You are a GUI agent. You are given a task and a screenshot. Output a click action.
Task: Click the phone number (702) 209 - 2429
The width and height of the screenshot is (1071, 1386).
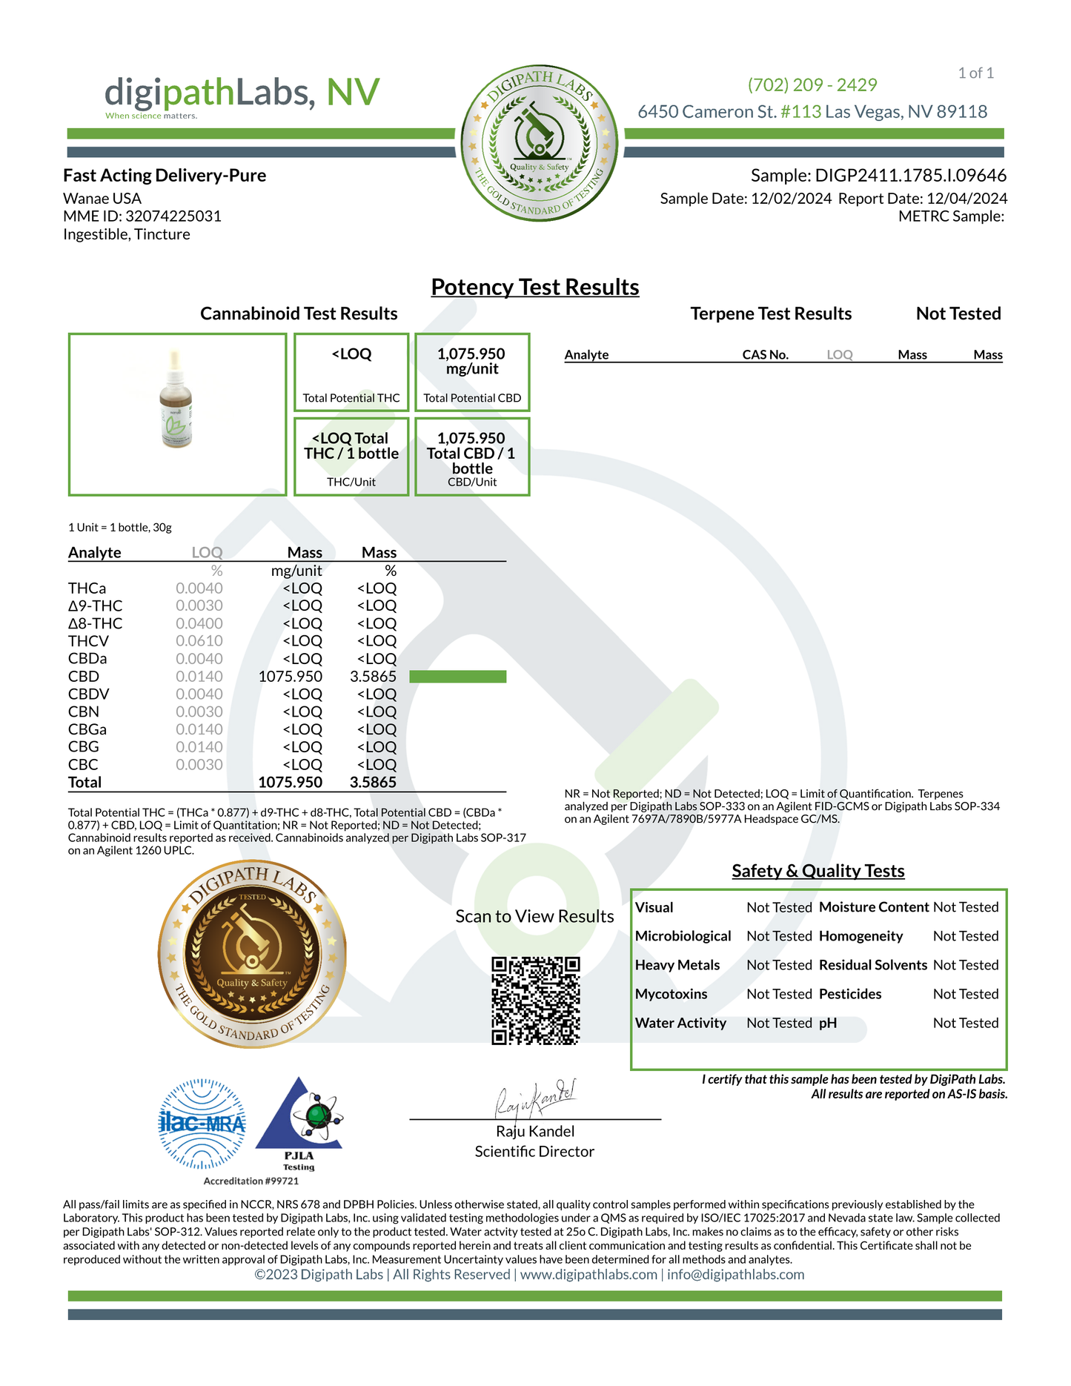click(812, 85)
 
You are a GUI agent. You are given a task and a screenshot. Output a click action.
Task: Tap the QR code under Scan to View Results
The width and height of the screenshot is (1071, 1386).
click(535, 1001)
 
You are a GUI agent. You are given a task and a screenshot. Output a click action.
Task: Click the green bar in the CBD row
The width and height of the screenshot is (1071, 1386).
click(457, 677)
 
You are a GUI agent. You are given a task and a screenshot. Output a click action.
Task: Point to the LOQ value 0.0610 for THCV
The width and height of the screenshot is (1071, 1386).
click(199, 641)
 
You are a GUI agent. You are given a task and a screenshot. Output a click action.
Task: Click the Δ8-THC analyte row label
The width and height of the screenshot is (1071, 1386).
click(95, 623)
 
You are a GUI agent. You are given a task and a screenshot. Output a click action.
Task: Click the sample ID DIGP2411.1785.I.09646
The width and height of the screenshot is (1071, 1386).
click(910, 176)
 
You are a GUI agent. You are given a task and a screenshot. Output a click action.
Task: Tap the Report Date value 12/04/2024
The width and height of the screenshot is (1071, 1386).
click(966, 199)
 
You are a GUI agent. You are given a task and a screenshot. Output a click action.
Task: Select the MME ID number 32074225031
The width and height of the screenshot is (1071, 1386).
click(173, 216)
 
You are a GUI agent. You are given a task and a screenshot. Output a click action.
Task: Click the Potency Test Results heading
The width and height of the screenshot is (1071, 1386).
click(534, 288)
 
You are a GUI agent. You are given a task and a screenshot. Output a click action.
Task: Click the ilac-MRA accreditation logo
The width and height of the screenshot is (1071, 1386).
click(202, 1124)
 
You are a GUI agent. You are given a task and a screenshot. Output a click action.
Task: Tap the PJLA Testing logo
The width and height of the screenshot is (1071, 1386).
click(299, 1124)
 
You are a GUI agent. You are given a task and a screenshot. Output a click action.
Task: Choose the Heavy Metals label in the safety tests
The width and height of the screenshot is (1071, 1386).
click(677, 965)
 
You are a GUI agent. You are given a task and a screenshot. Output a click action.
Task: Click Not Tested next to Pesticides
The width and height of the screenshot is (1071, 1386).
click(965, 994)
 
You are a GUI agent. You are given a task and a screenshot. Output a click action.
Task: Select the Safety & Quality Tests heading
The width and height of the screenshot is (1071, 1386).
click(818, 871)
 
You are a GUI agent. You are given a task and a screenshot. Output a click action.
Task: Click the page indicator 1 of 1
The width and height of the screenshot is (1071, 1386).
click(975, 73)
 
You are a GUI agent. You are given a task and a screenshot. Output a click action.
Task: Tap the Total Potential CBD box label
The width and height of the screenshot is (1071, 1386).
click(472, 398)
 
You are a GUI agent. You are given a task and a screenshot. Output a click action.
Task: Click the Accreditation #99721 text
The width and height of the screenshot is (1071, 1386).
click(251, 1181)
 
